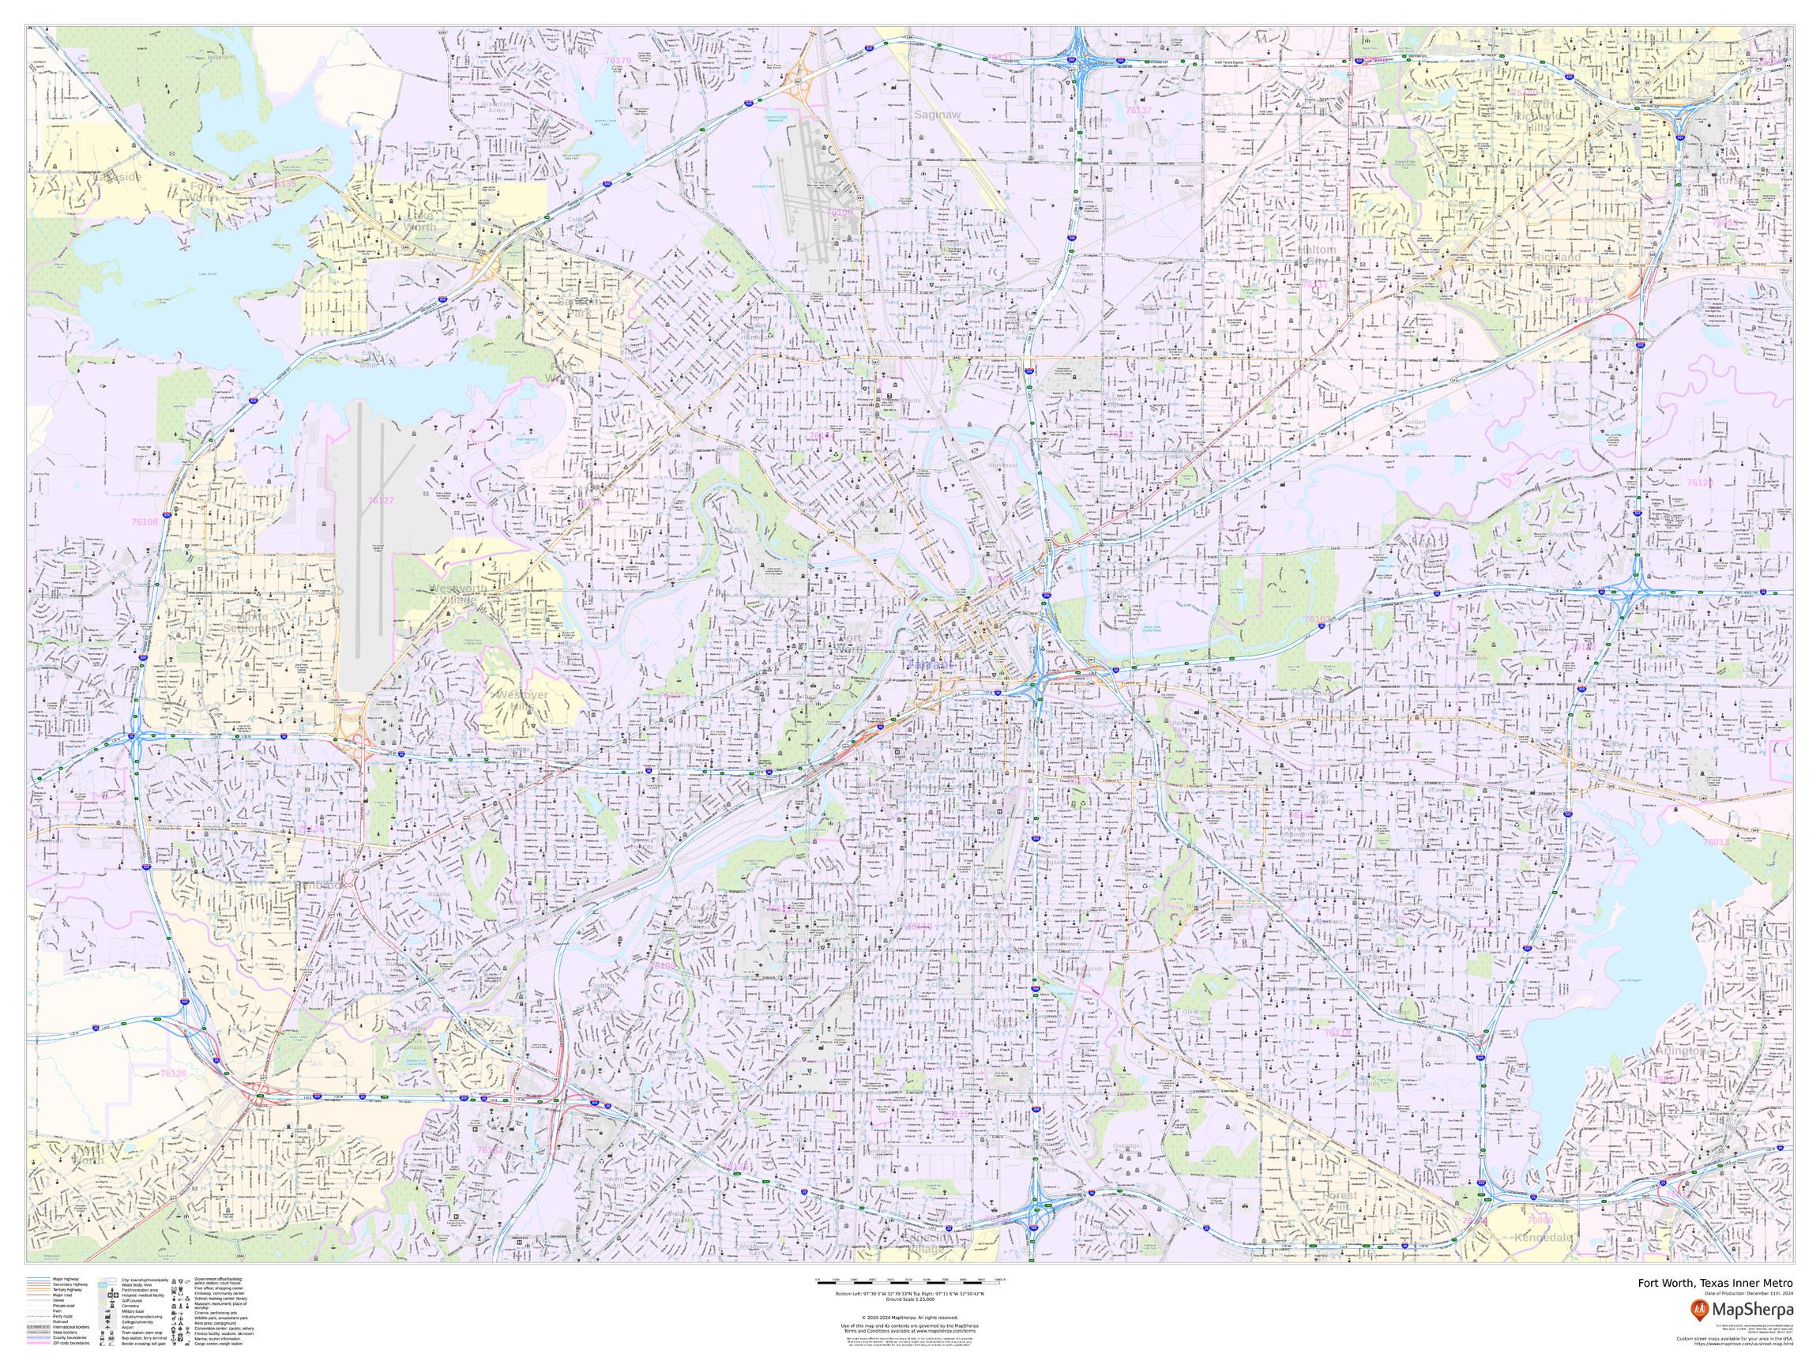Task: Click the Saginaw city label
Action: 937,115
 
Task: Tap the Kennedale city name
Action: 1543,1261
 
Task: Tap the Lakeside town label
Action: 117,177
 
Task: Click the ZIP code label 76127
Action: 381,500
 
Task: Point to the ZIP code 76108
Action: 145,521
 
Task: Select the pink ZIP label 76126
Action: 174,1074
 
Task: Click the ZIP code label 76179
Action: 617,61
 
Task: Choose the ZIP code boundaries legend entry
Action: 72,1343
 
